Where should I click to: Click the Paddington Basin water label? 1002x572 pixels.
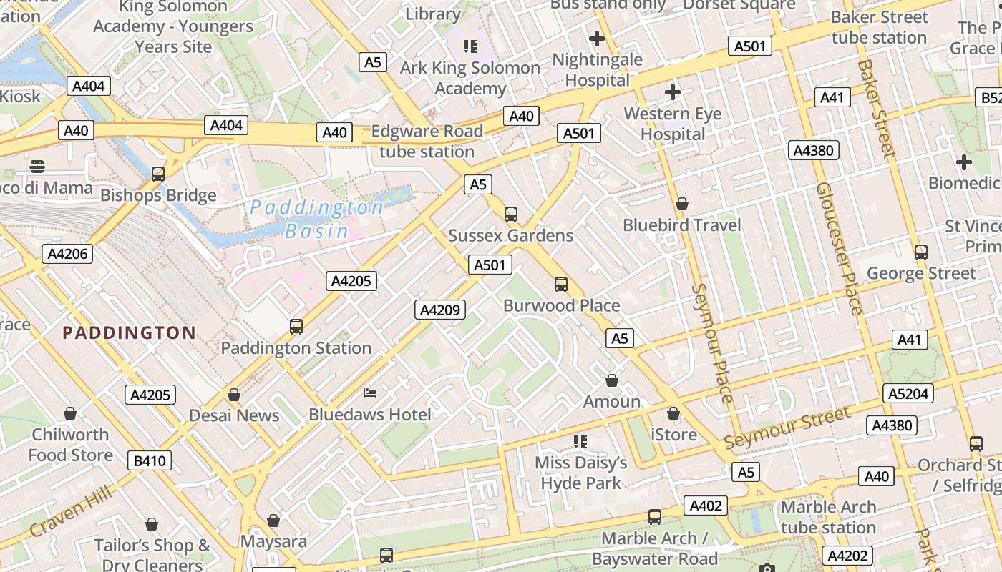(x=316, y=219)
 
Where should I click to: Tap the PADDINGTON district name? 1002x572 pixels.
(x=129, y=332)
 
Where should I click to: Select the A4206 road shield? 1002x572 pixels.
(x=67, y=254)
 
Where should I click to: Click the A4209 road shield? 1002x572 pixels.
(x=440, y=310)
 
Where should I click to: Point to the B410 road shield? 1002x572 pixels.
(x=150, y=460)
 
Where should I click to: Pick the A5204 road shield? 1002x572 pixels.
(x=908, y=393)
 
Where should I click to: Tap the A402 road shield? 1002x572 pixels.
(x=705, y=506)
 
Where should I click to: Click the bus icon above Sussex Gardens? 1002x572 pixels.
(x=511, y=214)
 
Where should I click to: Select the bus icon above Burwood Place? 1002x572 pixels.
(x=561, y=284)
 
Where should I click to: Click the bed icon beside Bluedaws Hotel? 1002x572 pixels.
(x=370, y=393)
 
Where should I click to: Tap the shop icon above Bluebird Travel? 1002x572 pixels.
(x=682, y=204)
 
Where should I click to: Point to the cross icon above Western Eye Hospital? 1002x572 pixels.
(x=672, y=92)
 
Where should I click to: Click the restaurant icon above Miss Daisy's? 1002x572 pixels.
(x=580, y=441)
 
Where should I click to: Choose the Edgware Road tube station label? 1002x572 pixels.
(x=427, y=142)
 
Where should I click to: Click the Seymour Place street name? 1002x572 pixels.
(x=713, y=343)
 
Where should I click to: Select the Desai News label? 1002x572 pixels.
(x=234, y=415)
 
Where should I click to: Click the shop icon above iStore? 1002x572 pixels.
(x=673, y=413)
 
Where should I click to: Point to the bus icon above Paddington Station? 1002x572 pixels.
(x=296, y=327)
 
